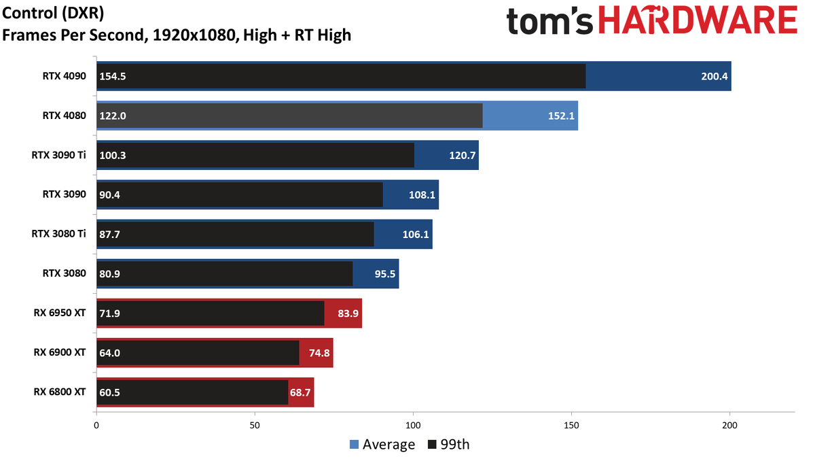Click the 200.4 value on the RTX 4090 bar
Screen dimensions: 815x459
[x=714, y=76]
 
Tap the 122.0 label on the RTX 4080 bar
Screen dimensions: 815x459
[x=113, y=116]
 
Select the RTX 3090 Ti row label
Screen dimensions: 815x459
[x=59, y=155]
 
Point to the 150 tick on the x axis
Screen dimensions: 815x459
[x=572, y=425]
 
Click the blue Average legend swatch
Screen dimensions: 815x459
[x=354, y=445]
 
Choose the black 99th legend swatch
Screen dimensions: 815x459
[x=432, y=445]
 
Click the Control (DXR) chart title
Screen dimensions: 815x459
[x=53, y=14]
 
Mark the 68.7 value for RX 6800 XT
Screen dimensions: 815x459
[x=300, y=392]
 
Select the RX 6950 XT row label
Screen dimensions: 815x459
[x=60, y=313]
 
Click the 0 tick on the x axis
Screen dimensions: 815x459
[x=96, y=425]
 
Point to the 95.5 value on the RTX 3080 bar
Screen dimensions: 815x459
[x=385, y=273]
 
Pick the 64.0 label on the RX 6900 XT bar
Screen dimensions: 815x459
[x=110, y=353]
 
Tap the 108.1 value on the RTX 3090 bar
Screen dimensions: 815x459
[x=422, y=195]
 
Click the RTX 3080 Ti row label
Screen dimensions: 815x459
[x=59, y=233]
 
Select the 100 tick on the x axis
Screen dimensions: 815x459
[x=414, y=425]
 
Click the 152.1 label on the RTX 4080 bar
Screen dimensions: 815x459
[x=562, y=116]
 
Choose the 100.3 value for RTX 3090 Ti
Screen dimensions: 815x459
[x=113, y=156]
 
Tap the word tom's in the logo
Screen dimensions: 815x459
[x=549, y=21]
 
